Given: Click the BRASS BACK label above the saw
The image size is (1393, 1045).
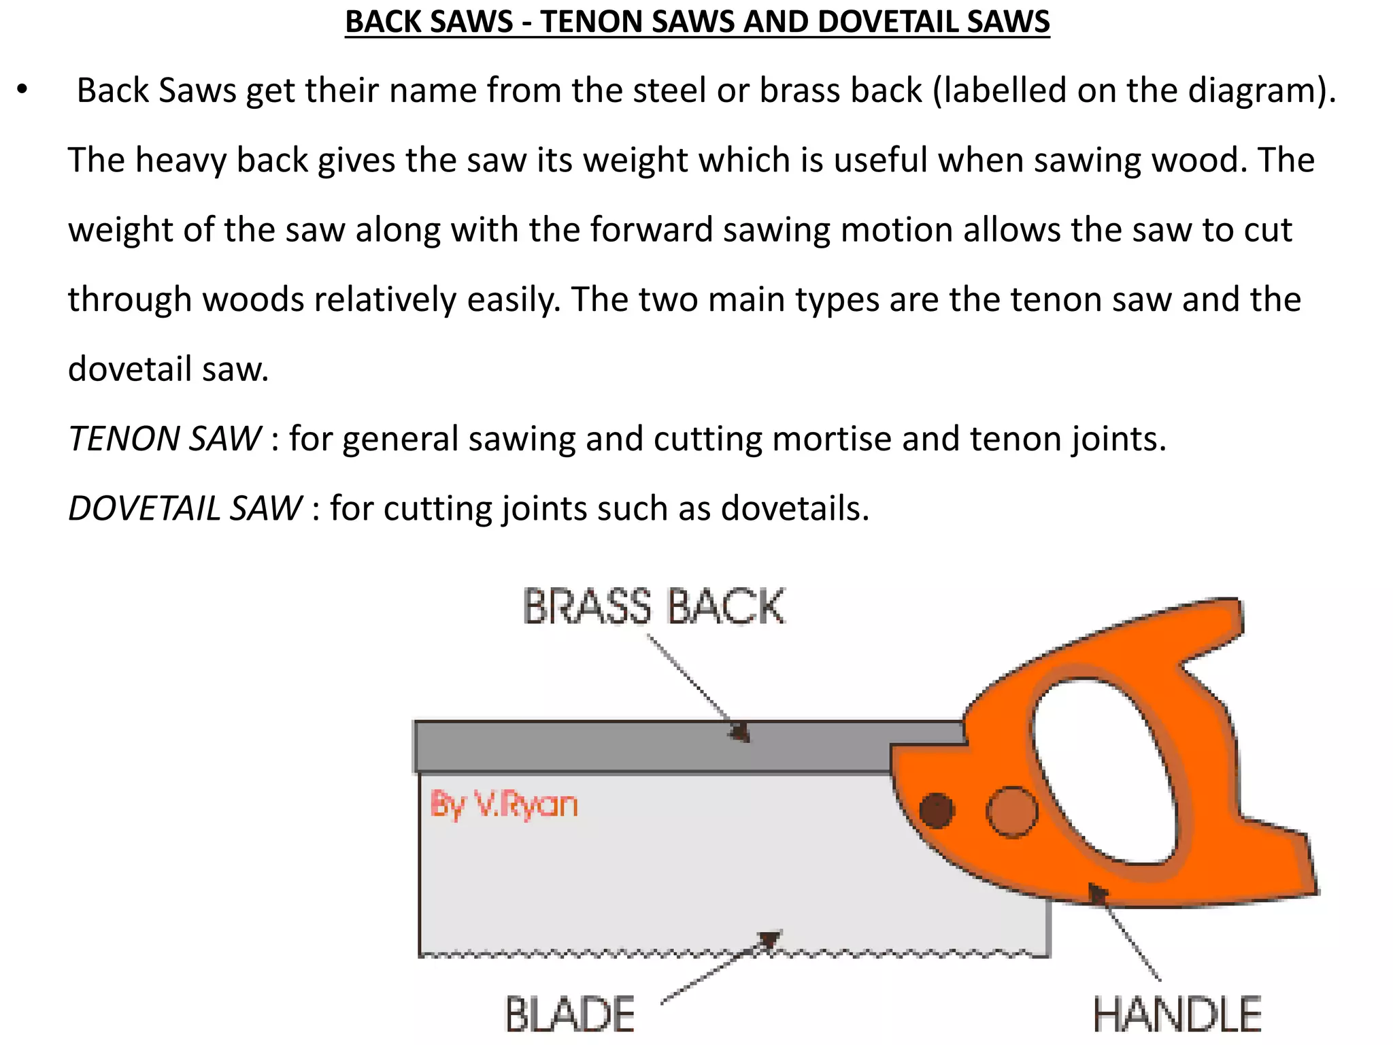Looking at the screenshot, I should click(x=654, y=607).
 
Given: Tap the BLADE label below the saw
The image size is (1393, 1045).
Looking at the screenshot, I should click(x=570, y=1014).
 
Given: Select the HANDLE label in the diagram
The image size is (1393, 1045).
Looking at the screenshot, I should click(x=1177, y=1014).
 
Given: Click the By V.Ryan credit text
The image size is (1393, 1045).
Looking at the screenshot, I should click(x=504, y=805).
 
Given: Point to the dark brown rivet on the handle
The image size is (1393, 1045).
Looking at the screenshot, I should click(x=937, y=810).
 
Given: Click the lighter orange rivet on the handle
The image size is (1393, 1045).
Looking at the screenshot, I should click(x=1011, y=812).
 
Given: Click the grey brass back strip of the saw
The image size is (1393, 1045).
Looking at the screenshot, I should click(x=612, y=746).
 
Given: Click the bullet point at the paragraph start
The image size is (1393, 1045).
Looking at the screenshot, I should click(x=22, y=90).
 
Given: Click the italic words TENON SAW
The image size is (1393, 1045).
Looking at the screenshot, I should click(x=165, y=439).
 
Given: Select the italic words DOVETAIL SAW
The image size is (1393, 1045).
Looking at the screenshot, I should click(x=185, y=509).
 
